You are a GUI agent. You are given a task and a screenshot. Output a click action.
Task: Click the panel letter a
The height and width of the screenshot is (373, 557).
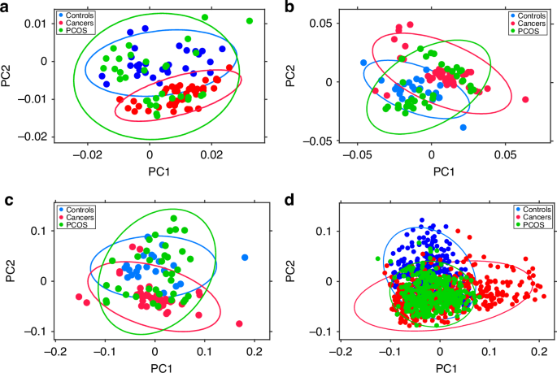(x=7, y=7)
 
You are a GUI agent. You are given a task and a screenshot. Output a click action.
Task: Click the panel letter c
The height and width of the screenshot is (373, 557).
(x=7, y=201)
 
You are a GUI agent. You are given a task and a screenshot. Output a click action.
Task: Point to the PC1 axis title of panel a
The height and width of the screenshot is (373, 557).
(x=147, y=171)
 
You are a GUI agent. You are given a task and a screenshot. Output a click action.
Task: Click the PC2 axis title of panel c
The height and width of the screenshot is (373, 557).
(x=12, y=268)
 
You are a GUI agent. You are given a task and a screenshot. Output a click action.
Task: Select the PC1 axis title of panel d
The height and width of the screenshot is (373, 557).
(x=440, y=366)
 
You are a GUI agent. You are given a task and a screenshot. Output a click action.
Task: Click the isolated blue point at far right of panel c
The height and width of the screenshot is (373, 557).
(x=244, y=258)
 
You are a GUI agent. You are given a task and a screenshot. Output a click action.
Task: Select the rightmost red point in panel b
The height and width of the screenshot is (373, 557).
(x=525, y=99)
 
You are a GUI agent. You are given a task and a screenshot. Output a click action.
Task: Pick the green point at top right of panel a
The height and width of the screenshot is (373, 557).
(x=250, y=21)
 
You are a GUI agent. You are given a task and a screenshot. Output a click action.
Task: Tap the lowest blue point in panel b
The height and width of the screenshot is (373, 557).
(x=463, y=128)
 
